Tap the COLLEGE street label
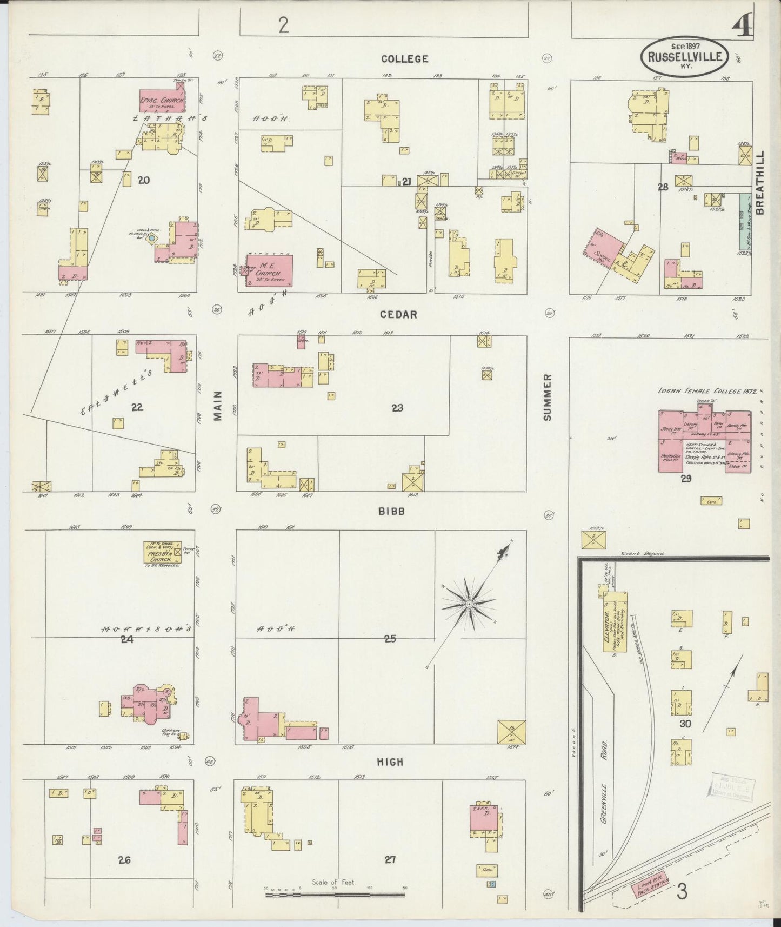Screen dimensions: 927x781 (x=404, y=59)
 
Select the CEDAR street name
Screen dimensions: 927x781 (x=398, y=314)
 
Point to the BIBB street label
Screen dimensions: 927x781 (x=392, y=511)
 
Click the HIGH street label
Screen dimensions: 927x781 (x=390, y=762)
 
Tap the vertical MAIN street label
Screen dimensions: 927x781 (x=217, y=406)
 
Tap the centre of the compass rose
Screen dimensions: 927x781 (x=469, y=603)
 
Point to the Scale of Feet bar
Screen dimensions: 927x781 (x=335, y=895)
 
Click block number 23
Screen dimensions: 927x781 (x=397, y=408)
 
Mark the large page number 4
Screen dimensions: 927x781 (x=743, y=24)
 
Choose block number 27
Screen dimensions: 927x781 (x=390, y=859)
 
